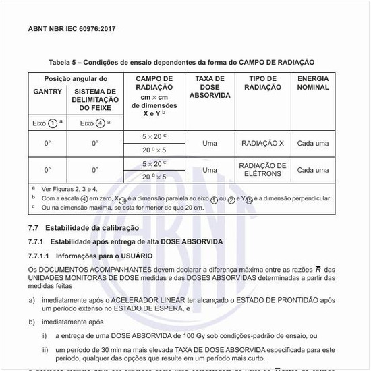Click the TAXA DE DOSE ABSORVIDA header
pos(209,87)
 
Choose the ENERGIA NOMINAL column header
pos(313,83)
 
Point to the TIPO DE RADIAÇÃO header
pos(262,83)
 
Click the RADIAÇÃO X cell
pos(262,143)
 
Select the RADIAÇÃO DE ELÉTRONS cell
pos(262,169)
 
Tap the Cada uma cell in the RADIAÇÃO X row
pos(313,143)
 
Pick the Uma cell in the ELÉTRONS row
pos(209,170)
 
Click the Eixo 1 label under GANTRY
pos(47,123)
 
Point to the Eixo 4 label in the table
pos(94,123)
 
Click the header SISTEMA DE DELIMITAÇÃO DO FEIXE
pos(94,100)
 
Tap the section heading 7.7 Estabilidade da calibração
pos(83,228)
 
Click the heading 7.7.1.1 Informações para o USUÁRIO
pos(90,256)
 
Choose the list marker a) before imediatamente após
pos(32,299)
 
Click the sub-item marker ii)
pos(45,349)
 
